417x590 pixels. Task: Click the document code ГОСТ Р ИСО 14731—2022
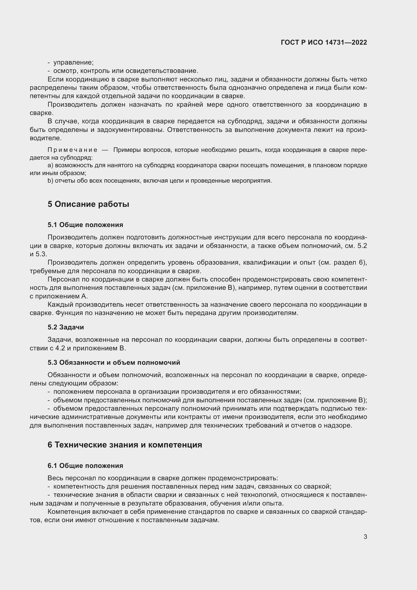(x=324, y=43)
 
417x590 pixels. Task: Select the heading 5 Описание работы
(x=88, y=204)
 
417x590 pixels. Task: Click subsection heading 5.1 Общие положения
(x=85, y=225)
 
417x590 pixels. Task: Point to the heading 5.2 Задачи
(x=66, y=327)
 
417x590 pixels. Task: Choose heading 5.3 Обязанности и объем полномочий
(x=114, y=362)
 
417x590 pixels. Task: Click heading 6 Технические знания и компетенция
(x=125, y=444)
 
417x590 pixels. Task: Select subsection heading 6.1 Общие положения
(x=85, y=466)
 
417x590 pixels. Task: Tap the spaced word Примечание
(x=72, y=150)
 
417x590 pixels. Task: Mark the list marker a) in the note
(x=50, y=165)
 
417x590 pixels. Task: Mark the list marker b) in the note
(x=50, y=181)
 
